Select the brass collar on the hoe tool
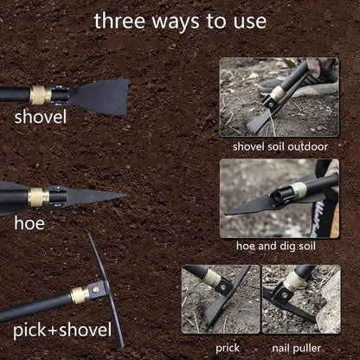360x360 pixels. tap(38, 197)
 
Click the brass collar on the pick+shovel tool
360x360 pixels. tap(78, 295)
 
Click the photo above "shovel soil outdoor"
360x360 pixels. tap(279, 97)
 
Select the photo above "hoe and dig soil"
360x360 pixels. tap(279, 197)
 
